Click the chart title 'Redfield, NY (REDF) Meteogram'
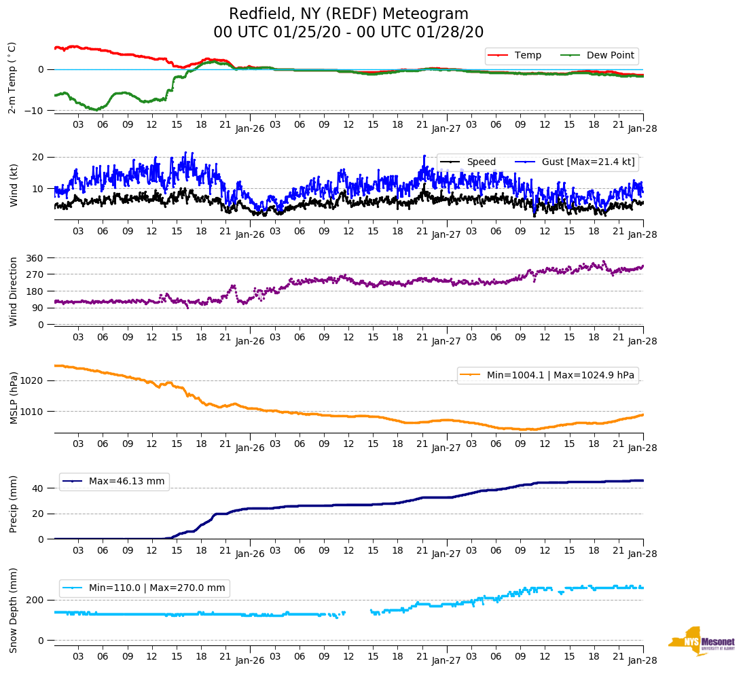pyautogui.click(x=348, y=14)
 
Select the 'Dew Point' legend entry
pyautogui.click(x=610, y=56)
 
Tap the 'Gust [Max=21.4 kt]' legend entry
pyautogui.click(x=587, y=162)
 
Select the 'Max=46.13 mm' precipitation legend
pyautogui.click(x=126, y=482)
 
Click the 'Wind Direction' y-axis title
pyautogui.click(x=14, y=291)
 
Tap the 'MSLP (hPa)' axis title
pyautogui.click(x=14, y=397)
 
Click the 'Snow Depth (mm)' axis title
pyautogui.click(x=14, y=611)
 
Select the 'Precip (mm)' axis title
pyautogui.click(x=14, y=504)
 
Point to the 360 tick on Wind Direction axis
pyautogui.click(x=35, y=258)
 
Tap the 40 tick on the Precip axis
pyautogui.click(x=38, y=488)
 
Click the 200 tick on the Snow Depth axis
pyautogui.click(x=35, y=600)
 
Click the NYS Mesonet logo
pyautogui.click(x=702, y=642)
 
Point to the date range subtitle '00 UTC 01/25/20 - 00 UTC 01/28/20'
pyautogui.click(x=348, y=32)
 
